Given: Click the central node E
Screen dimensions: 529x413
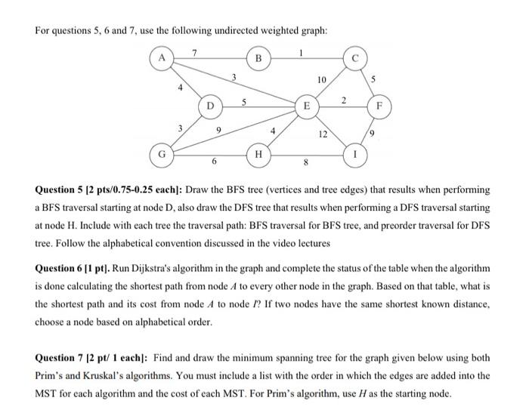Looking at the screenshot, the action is click(307, 106).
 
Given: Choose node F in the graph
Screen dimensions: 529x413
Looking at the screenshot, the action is click(379, 106).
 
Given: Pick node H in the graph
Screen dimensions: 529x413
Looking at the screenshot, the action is click(258, 156).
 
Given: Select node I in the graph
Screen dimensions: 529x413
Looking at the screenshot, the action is click(355, 156).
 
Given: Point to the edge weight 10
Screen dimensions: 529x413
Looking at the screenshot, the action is click(322, 79).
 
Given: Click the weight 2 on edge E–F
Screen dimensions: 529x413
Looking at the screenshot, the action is click(345, 100).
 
